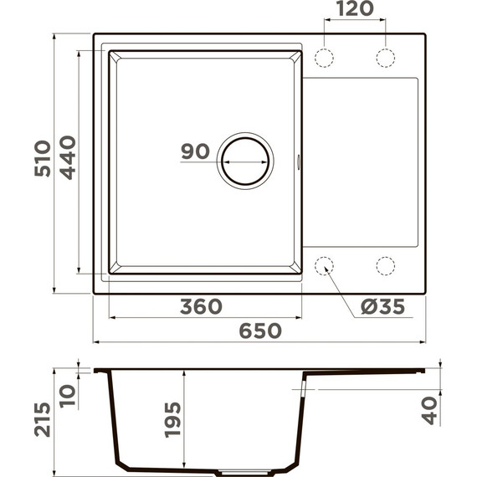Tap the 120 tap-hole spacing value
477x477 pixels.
pos(355,11)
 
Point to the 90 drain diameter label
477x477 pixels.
pos(194,151)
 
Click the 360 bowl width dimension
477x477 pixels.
pos(201,306)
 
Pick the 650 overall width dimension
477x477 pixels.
pos(260,331)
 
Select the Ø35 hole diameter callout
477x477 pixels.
pos(382,307)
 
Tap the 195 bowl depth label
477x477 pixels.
pos(172,418)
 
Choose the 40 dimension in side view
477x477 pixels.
pos(430,410)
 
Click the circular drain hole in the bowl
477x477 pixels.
pos(244,158)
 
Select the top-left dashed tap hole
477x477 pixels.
pos(324,57)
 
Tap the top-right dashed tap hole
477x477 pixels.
pos(385,57)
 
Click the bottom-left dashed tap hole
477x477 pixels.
pos(324,266)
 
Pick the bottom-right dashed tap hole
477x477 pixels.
pos(385,266)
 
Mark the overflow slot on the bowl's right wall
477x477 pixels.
pos(300,161)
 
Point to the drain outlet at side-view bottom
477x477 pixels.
pos(212,469)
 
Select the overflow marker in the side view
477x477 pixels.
pos(300,389)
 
